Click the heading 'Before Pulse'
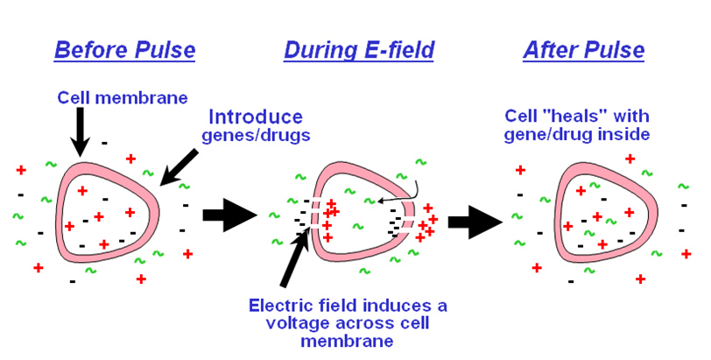pos(124,50)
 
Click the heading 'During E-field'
pos(358,50)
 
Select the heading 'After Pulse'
pos(583,50)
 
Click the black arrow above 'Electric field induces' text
pos(294,258)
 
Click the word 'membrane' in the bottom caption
pos(348,341)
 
